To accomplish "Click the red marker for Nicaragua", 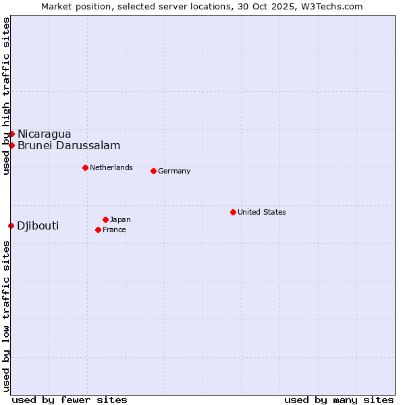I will [x=11, y=134].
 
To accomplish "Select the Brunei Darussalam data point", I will [x=11, y=145].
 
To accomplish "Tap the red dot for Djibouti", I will [x=11, y=225].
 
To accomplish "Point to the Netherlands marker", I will [x=85, y=167].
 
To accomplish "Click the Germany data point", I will [x=153, y=171].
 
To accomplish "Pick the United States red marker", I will [x=233, y=212].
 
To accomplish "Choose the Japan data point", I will [x=105, y=219].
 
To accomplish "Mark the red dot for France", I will [x=98, y=230].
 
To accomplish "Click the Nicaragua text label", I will [x=44, y=134].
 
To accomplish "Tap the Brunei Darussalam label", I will [x=69, y=145].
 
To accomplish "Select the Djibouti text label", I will [x=38, y=225].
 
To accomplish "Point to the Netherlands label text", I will [x=111, y=167].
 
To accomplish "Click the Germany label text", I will [x=174, y=171].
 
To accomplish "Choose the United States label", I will [x=262, y=212].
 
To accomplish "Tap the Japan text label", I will [x=120, y=219].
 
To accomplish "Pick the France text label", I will [x=114, y=230].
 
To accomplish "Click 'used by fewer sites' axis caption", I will [x=70, y=400].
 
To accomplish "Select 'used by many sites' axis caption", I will [x=339, y=400].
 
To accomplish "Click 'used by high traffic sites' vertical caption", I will [x=6, y=96].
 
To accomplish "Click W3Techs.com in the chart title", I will [x=331, y=6].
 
